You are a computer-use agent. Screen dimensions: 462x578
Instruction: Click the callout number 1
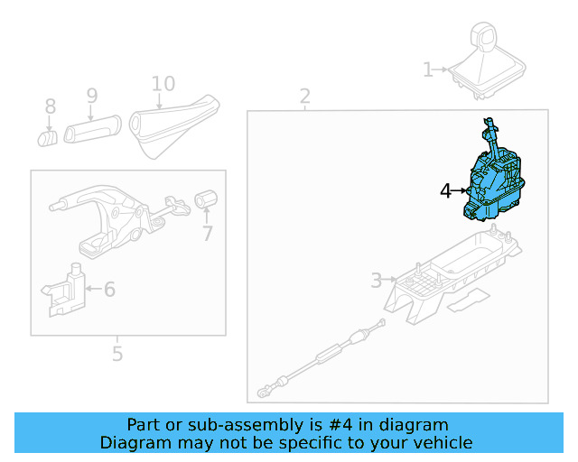(x=428, y=69)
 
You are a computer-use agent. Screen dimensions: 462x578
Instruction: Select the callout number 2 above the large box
(x=305, y=96)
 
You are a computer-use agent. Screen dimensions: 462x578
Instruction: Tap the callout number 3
(x=376, y=281)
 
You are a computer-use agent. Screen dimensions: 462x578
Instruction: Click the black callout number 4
(x=445, y=190)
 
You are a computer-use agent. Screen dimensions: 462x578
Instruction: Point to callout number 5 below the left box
(x=117, y=354)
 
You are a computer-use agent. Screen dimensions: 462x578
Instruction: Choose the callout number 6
(x=109, y=289)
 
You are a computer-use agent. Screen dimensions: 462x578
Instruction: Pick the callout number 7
(x=207, y=234)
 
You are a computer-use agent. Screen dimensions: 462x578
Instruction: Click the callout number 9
(x=91, y=95)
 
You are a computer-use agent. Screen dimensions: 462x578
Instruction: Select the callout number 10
(x=163, y=84)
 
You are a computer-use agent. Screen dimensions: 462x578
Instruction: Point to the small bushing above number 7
(x=207, y=199)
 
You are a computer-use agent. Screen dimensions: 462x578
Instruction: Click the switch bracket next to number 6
(x=65, y=291)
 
